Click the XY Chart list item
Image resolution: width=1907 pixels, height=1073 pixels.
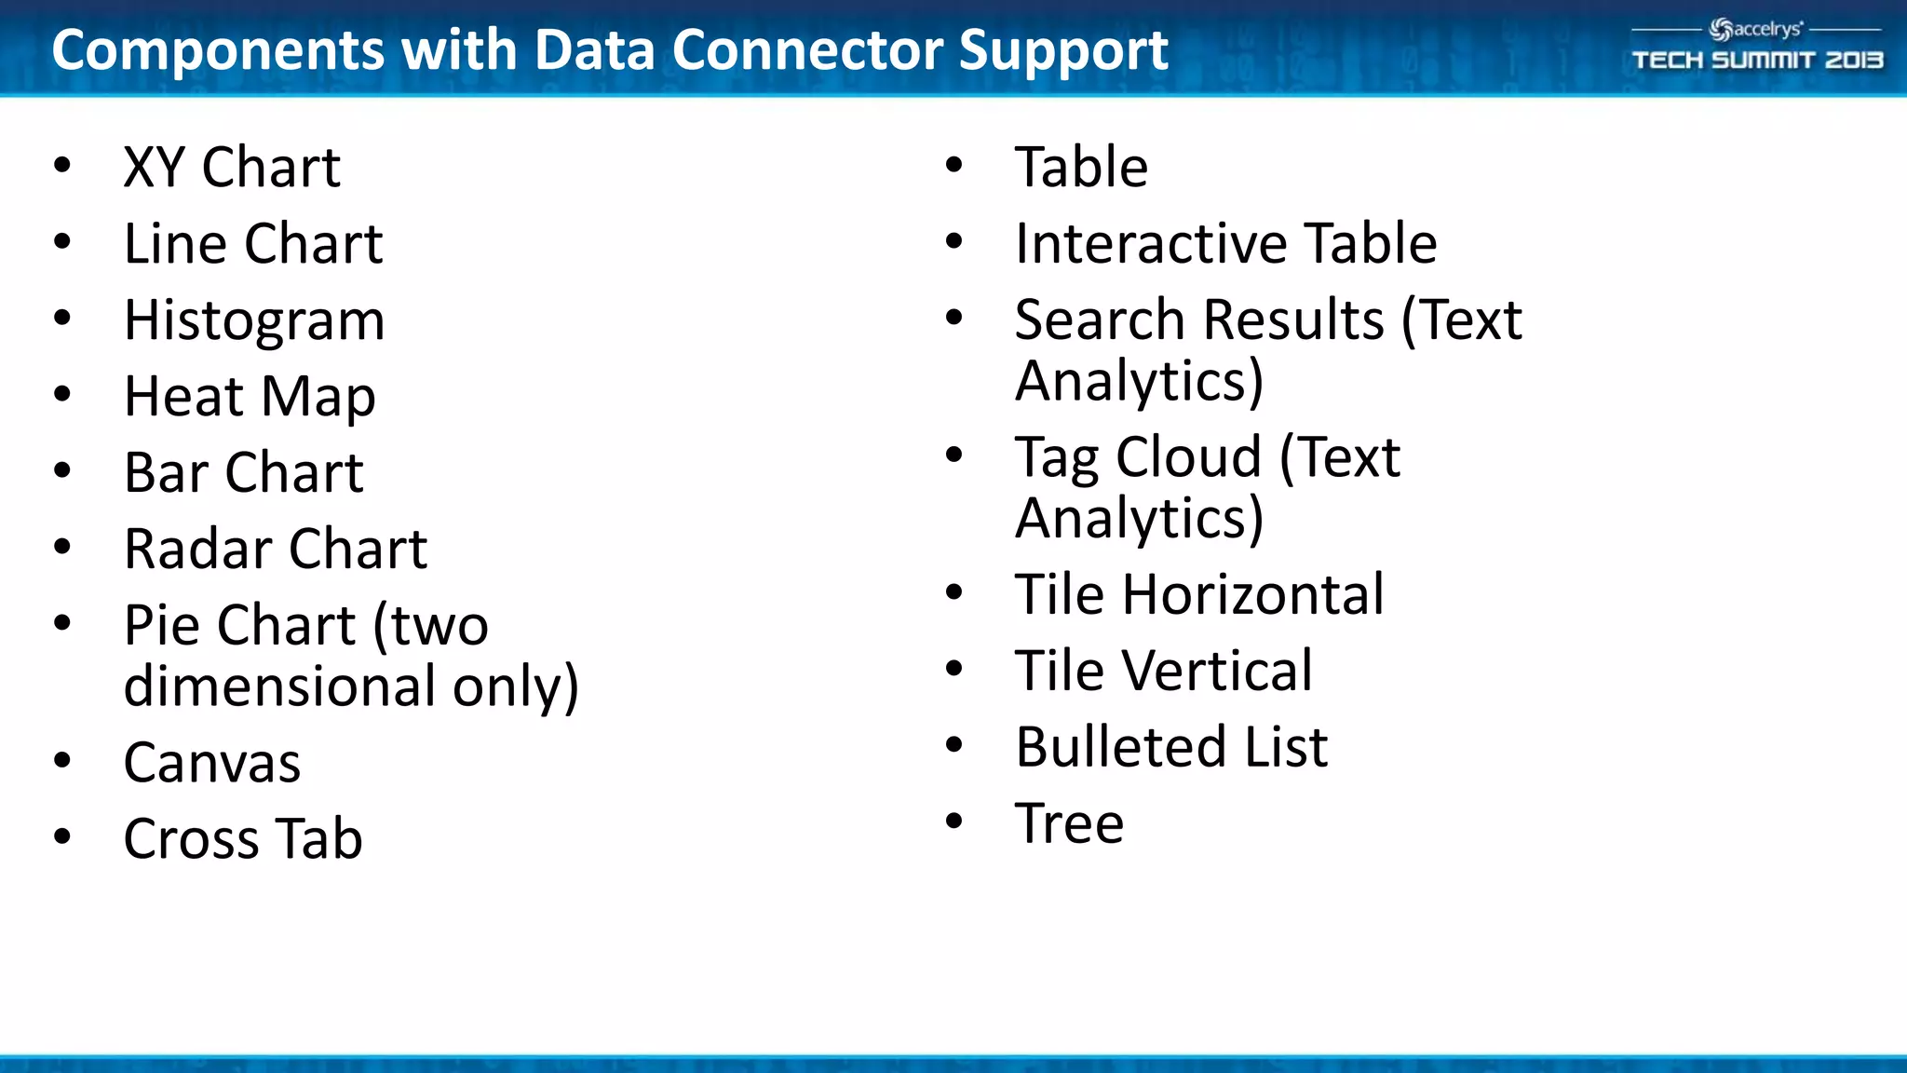(x=232, y=168)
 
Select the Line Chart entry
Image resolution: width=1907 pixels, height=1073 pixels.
(x=253, y=244)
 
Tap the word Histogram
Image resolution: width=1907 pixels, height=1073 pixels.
(x=254, y=321)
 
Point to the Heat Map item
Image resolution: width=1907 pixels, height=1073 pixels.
(x=250, y=397)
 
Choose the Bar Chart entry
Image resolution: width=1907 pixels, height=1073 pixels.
(x=243, y=473)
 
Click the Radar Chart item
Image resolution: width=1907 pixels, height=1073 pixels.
(x=276, y=550)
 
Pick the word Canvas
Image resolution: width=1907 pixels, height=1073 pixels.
(x=212, y=763)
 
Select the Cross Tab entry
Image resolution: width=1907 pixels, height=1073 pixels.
(x=243, y=839)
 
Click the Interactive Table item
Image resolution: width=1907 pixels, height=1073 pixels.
(x=1225, y=244)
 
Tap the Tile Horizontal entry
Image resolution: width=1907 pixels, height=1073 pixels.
(x=1199, y=594)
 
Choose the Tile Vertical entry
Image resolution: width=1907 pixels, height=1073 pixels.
(x=1164, y=671)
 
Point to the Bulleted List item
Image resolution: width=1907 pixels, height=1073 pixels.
(x=1171, y=747)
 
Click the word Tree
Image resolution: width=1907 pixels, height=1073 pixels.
(x=1069, y=823)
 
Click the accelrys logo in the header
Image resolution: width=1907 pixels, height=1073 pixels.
(x=1756, y=29)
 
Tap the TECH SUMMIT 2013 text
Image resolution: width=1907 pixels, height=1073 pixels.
(x=1757, y=61)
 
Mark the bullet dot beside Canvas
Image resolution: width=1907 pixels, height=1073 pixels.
(x=62, y=760)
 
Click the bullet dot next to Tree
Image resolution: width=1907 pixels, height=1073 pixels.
(x=953, y=821)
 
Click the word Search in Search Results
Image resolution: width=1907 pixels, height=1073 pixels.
(x=1099, y=320)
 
